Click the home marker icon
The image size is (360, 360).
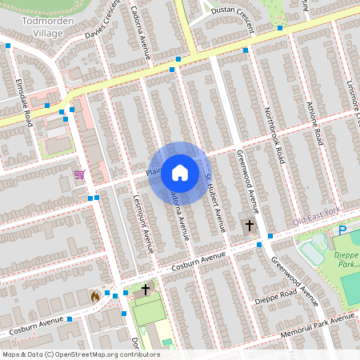click(180, 172)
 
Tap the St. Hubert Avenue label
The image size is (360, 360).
click(212, 196)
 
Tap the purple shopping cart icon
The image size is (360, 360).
click(79, 174)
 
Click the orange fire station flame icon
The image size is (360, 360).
click(95, 295)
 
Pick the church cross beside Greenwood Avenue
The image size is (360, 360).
click(249, 226)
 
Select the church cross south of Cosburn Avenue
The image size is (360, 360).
click(145, 289)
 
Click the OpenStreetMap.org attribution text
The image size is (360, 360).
click(80, 354)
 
